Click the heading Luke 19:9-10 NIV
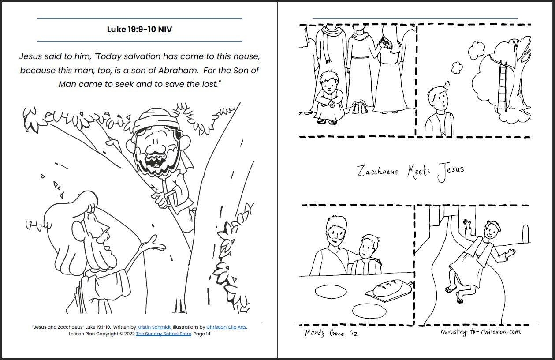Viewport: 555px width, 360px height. click(139, 30)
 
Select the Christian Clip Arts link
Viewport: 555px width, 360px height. click(226, 327)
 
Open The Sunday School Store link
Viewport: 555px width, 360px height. click(164, 334)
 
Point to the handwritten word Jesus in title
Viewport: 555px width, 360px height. click(450, 171)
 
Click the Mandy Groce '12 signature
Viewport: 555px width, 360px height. click(332, 333)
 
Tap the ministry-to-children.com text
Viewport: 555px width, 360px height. click(480, 332)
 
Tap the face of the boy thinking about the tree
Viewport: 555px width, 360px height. click(437, 101)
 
